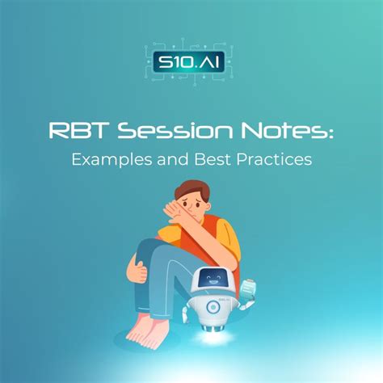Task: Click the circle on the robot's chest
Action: tap(213, 308)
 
